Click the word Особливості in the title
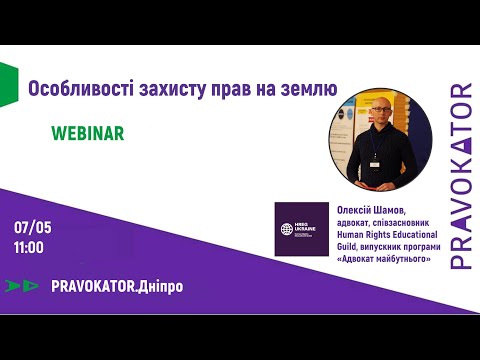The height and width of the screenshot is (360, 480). pyautogui.click(x=71, y=90)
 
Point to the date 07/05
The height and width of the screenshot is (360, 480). pyautogui.click(x=33, y=227)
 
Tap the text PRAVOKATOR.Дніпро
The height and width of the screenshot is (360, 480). pyautogui.click(x=116, y=286)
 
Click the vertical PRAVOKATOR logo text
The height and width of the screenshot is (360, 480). pyautogui.click(x=461, y=176)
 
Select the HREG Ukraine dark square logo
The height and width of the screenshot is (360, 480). pyautogui.click(x=302, y=229)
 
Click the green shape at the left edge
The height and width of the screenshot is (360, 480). pyautogui.click(x=7, y=82)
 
